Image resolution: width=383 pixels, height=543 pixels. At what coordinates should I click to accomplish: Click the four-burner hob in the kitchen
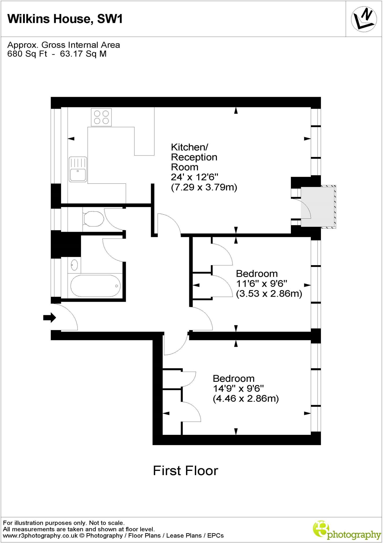tap(101, 117)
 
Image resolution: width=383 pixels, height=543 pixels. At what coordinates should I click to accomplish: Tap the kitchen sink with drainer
tap(78, 169)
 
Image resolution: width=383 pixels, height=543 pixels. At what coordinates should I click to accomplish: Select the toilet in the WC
tap(93, 218)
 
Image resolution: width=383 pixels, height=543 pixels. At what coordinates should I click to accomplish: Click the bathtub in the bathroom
tap(95, 286)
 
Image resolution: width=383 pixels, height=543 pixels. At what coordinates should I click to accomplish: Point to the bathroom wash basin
tap(74, 265)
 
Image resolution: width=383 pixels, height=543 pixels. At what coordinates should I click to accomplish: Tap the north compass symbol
tap(364, 19)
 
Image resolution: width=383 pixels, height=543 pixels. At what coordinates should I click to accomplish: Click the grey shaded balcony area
tap(317, 207)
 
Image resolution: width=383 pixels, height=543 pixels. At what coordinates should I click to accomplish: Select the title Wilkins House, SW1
tap(65, 19)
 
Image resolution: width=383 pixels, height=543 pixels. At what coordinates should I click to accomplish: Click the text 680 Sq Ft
tap(27, 54)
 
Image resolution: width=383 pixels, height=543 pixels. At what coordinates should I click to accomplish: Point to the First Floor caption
tap(185, 471)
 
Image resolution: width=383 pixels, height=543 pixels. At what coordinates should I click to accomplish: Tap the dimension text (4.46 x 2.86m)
tap(246, 399)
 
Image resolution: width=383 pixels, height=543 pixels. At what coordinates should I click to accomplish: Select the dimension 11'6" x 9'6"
tap(262, 284)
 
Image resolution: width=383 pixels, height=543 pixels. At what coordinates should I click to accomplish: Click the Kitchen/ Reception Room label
tap(194, 157)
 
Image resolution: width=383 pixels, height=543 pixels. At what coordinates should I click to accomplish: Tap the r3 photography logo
tap(347, 530)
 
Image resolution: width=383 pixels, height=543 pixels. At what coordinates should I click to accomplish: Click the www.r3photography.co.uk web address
tap(40, 535)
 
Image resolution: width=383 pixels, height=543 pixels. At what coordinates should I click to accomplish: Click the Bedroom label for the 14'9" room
tap(234, 378)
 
